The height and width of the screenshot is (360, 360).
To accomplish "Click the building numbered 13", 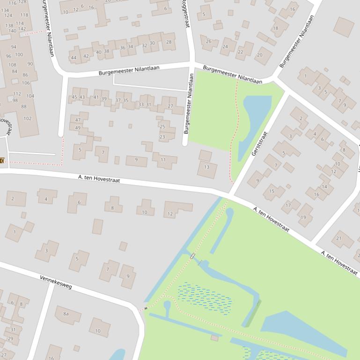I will [207, 167].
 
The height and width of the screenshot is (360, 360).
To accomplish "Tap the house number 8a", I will [66, 314].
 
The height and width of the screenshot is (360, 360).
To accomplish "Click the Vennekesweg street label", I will [56, 282].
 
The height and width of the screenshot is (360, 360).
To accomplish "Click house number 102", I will [28, 118].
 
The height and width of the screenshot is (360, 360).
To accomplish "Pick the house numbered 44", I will [73, 58].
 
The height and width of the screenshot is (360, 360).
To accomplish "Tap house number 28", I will [169, 42].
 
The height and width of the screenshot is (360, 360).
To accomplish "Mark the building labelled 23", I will [162, 137].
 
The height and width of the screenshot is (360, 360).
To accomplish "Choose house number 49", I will [78, 128].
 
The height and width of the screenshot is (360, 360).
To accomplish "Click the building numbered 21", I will [339, 238].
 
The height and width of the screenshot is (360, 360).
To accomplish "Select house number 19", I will [303, 217].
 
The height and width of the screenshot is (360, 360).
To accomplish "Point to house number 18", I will [275, 28].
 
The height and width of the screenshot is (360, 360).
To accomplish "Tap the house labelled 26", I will [209, 41].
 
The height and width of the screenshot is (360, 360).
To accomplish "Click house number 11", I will [163, 160].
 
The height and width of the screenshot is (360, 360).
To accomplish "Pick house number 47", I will [78, 120].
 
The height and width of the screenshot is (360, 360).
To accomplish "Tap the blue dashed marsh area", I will [205, 297].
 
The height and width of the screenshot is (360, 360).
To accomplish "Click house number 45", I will [74, 97].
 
